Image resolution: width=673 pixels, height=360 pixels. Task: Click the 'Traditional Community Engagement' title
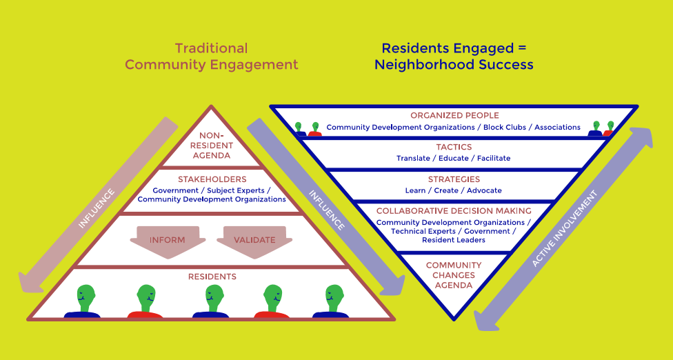click(x=211, y=57)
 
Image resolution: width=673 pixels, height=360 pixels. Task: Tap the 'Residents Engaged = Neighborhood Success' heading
click(x=454, y=57)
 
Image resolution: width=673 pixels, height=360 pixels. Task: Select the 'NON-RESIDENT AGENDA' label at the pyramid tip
click(x=212, y=146)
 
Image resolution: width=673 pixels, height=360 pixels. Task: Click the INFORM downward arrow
click(x=168, y=241)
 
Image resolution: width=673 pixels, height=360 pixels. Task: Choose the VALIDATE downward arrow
click(x=254, y=241)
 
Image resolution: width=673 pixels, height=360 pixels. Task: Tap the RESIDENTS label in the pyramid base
click(x=212, y=277)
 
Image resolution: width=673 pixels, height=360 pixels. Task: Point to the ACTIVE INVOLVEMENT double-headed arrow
click(x=563, y=228)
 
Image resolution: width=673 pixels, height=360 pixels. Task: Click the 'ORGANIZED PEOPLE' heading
click(x=454, y=115)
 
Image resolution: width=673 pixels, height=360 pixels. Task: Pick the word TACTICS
click(x=454, y=147)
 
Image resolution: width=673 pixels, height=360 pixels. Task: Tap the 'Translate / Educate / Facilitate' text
click(x=454, y=158)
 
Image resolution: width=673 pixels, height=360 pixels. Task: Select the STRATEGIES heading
click(x=454, y=179)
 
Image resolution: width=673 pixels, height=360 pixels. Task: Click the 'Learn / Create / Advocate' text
click(x=454, y=190)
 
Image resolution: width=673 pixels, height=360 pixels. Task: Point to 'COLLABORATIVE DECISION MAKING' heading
click(x=454, y=210)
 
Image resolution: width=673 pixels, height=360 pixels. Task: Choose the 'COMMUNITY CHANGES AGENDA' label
click(x=454, y=275)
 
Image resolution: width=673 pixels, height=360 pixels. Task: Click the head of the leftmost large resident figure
click(x=86, y=297)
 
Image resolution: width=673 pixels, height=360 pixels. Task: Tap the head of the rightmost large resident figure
click(x=334, y=297)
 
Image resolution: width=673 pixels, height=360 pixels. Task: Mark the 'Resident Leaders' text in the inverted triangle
click(x=454, y=240)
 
